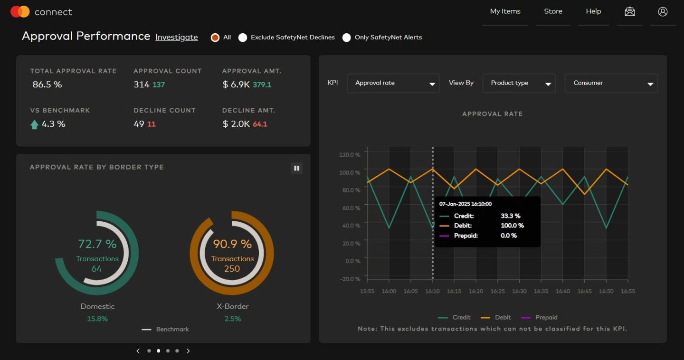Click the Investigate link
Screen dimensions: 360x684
[x=176, y=38]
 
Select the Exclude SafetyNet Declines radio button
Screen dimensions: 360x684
[x=243, y=38]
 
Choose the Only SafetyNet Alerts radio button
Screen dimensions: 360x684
[x=347, y=38]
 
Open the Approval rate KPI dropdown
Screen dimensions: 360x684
[x=393, y=83]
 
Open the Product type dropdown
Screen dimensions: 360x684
[x=519, y=83]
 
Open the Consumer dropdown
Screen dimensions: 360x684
[x=611, y=83]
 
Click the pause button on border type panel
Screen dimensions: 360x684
[x=296, y=168]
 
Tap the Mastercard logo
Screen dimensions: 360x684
[x=20, y=12]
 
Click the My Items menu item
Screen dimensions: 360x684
[x=505, y=11]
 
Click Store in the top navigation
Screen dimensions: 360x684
[x=553, y=11]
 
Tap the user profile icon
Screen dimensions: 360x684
[x=663, y=12]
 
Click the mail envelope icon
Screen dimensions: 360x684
[x=630, y=12]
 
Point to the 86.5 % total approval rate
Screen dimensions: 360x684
[x=47, y=85]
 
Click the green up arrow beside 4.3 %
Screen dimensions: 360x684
[x=34, y=124]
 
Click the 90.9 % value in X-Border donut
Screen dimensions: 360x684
[x=232, y=244]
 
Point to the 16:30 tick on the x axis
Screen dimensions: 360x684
[x=519, y=291]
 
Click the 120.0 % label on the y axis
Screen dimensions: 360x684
[x=350, y=155]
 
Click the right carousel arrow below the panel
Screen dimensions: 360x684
[x=188, y=351]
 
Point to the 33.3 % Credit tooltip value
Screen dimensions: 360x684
[x=510, y=216]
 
